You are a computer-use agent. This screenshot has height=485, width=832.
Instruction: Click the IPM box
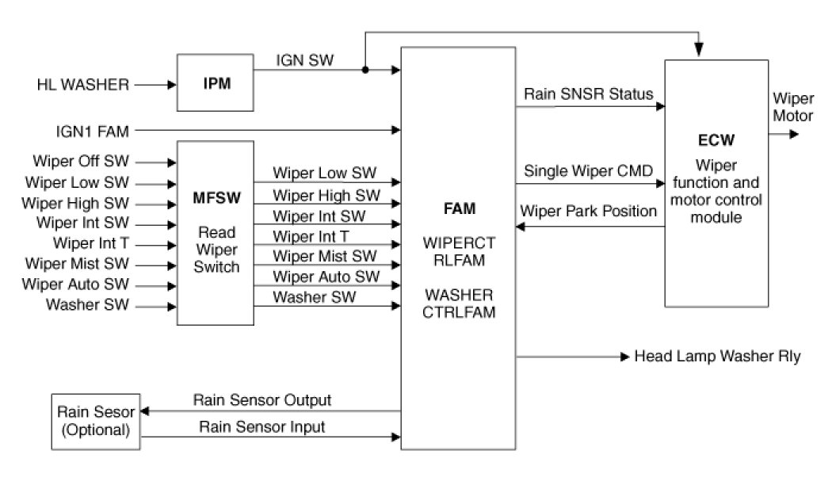216,83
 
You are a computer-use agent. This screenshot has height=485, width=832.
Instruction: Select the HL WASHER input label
82,83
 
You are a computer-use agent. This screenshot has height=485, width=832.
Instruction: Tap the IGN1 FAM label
82,128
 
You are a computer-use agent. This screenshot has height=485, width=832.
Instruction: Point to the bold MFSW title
215,194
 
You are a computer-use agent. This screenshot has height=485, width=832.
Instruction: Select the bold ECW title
716,140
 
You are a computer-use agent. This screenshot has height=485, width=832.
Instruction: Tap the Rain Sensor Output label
262,399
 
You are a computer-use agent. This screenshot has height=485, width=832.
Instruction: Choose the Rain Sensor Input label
261,427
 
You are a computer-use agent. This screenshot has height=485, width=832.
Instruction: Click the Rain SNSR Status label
589,94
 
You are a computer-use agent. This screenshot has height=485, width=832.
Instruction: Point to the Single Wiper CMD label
589,171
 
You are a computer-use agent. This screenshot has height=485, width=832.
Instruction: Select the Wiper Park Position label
588,212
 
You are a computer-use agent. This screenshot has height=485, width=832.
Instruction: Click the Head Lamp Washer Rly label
717,357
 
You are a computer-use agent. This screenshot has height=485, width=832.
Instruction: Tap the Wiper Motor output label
792,108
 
